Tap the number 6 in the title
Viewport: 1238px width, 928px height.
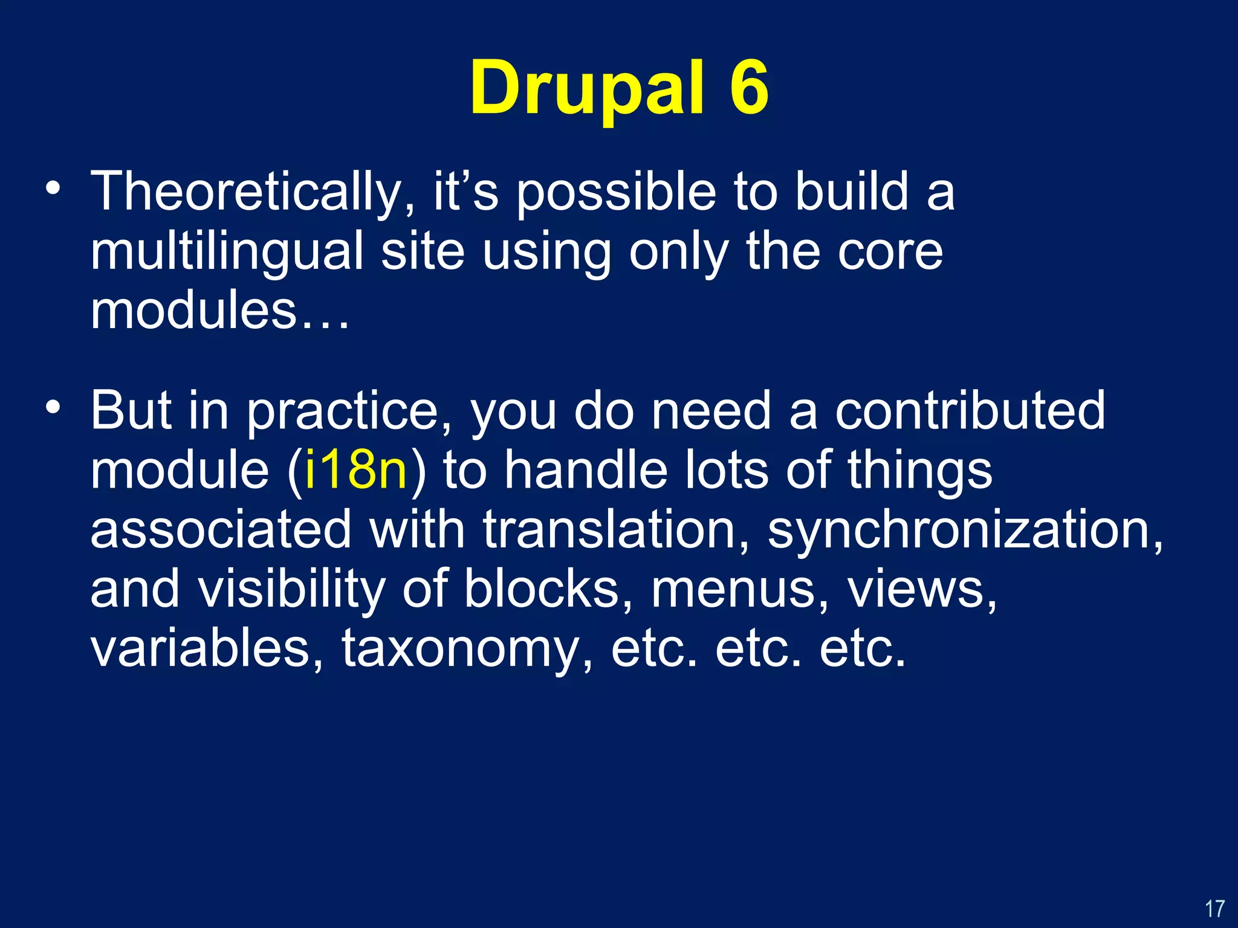click(749, 88)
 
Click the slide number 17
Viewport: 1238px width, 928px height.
click(1214, 909)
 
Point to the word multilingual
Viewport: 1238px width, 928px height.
click(227, 253)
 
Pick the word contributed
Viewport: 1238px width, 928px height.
click(970, 411)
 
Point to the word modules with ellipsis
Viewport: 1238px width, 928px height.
click(219, 311)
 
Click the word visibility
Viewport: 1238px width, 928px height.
click(292, 589)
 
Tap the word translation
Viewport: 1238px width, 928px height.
click(617, 530)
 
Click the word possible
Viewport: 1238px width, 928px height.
click(617, 192)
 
